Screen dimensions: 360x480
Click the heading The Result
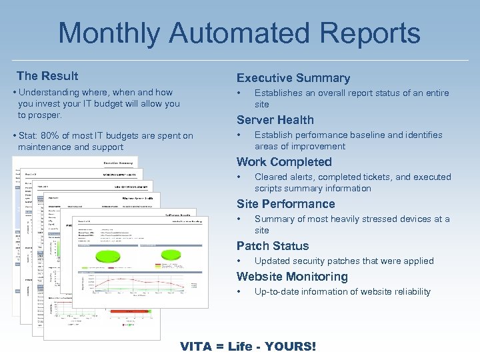tap(47, 76)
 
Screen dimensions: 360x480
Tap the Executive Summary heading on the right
tap(293, 78)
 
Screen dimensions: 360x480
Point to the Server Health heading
tap(275, 120)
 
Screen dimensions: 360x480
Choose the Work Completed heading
tap(283, 162)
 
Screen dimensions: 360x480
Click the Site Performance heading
tap(285, 204)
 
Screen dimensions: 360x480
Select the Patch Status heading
tap(272, 246)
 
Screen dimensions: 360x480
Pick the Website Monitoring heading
tap(292, 277)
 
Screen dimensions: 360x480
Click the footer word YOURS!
tap(290, 347)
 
